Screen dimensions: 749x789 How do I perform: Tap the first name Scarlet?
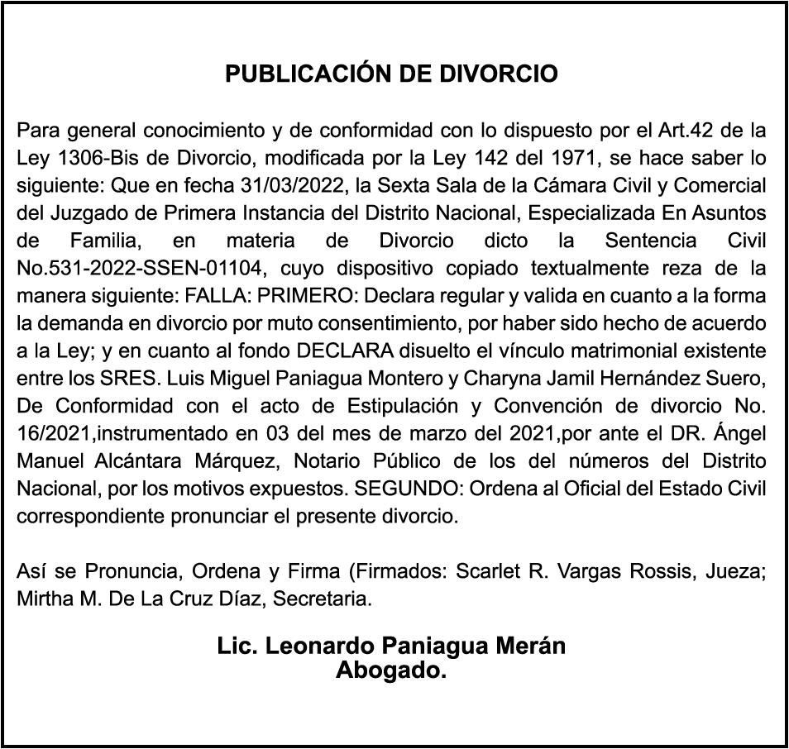point(464,571)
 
